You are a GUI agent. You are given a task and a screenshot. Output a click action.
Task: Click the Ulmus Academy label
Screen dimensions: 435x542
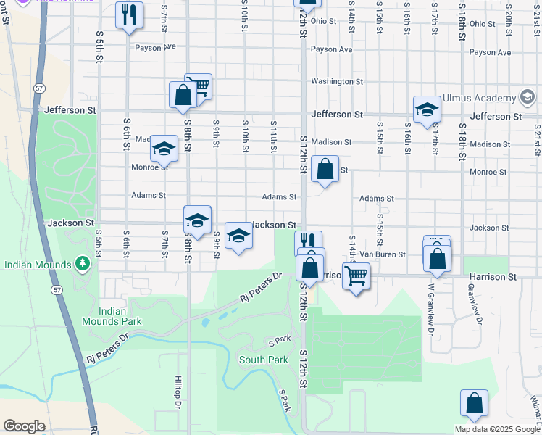pos(482,98)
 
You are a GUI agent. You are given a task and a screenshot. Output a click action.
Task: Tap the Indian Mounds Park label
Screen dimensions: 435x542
pos(121,315)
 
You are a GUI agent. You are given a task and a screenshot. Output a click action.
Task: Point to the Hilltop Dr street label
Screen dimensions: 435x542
pos(177,392)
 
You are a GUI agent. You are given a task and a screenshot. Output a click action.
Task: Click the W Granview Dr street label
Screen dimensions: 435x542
pos(430,304)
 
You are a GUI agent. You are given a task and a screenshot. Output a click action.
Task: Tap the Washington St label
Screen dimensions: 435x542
pos(337,82)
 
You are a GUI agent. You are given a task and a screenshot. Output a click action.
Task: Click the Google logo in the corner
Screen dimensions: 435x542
pos(24,426)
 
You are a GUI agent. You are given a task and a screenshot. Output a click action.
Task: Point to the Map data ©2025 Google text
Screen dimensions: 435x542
pos(497,429)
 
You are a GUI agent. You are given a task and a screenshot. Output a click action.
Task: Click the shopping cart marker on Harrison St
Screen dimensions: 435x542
pos(356,275)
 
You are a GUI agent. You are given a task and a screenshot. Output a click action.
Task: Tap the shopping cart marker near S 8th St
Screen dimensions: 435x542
pos(199,86)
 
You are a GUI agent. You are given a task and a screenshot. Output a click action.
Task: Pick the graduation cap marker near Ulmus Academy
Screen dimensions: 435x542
pos(428,109)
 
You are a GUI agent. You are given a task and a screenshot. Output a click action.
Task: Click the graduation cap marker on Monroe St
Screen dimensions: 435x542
pos(164,149)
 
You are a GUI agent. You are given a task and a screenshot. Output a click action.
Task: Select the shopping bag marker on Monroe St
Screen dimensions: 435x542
pos(325,170)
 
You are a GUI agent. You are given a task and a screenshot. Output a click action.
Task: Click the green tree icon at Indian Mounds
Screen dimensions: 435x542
pos(83,262)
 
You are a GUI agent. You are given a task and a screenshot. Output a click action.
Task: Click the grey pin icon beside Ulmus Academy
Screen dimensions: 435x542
pos(528,98)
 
